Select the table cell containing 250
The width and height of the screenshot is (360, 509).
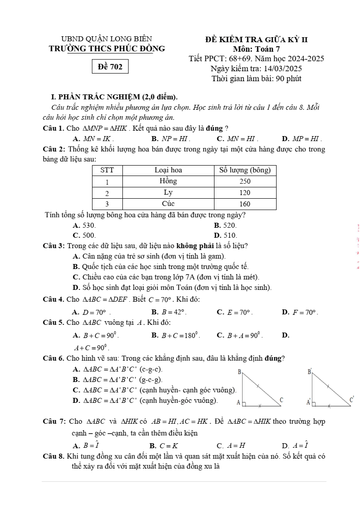tap(245, 181)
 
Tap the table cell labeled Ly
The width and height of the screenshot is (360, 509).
tap(168, 192)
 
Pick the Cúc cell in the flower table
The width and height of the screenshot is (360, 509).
tap(168, 203)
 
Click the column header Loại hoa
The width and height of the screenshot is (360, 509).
tap(168, 170)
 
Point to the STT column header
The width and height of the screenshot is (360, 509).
tap(107, 170)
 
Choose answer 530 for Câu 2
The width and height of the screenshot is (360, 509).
tap(84, 225)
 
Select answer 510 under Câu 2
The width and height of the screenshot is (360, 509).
tap(225, 235)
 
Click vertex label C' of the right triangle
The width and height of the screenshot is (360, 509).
tap(351, 400)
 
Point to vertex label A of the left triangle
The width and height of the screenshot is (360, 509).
tap(238, 402)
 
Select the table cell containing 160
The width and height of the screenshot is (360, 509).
tap(245, 203)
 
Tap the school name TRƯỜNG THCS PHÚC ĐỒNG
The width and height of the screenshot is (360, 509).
tap(107, 49)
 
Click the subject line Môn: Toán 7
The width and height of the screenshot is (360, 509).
tap(257, 49)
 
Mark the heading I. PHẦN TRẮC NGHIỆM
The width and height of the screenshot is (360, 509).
tap(115, 97)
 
